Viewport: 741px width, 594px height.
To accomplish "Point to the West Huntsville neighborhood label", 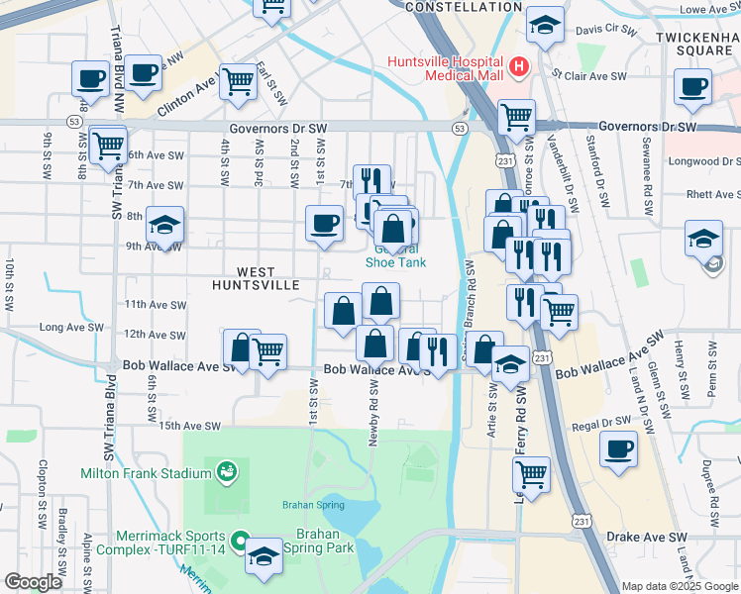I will [x=256, y=277].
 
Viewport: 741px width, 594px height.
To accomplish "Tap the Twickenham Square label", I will [x=692, y=42].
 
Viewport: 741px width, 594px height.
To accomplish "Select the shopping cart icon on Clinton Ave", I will [x=238, y=82].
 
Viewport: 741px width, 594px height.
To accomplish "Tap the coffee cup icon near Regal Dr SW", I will [x=619, y=447].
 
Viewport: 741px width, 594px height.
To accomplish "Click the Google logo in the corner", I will [x=33, y=582].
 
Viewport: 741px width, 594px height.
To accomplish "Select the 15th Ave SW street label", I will [x=189, y=426].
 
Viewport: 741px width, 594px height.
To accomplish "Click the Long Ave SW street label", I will [x=70, y=327].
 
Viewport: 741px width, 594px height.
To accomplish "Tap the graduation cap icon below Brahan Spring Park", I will [x=265, y=557].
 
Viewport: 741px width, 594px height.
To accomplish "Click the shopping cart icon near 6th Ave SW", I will [x=107, y=145].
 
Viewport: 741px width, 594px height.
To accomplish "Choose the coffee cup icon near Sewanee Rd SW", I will [x=692, y=85].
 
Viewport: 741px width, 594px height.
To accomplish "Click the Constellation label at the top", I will [x=464, y=7].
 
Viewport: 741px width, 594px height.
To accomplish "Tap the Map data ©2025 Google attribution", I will [x=680, y=586].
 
